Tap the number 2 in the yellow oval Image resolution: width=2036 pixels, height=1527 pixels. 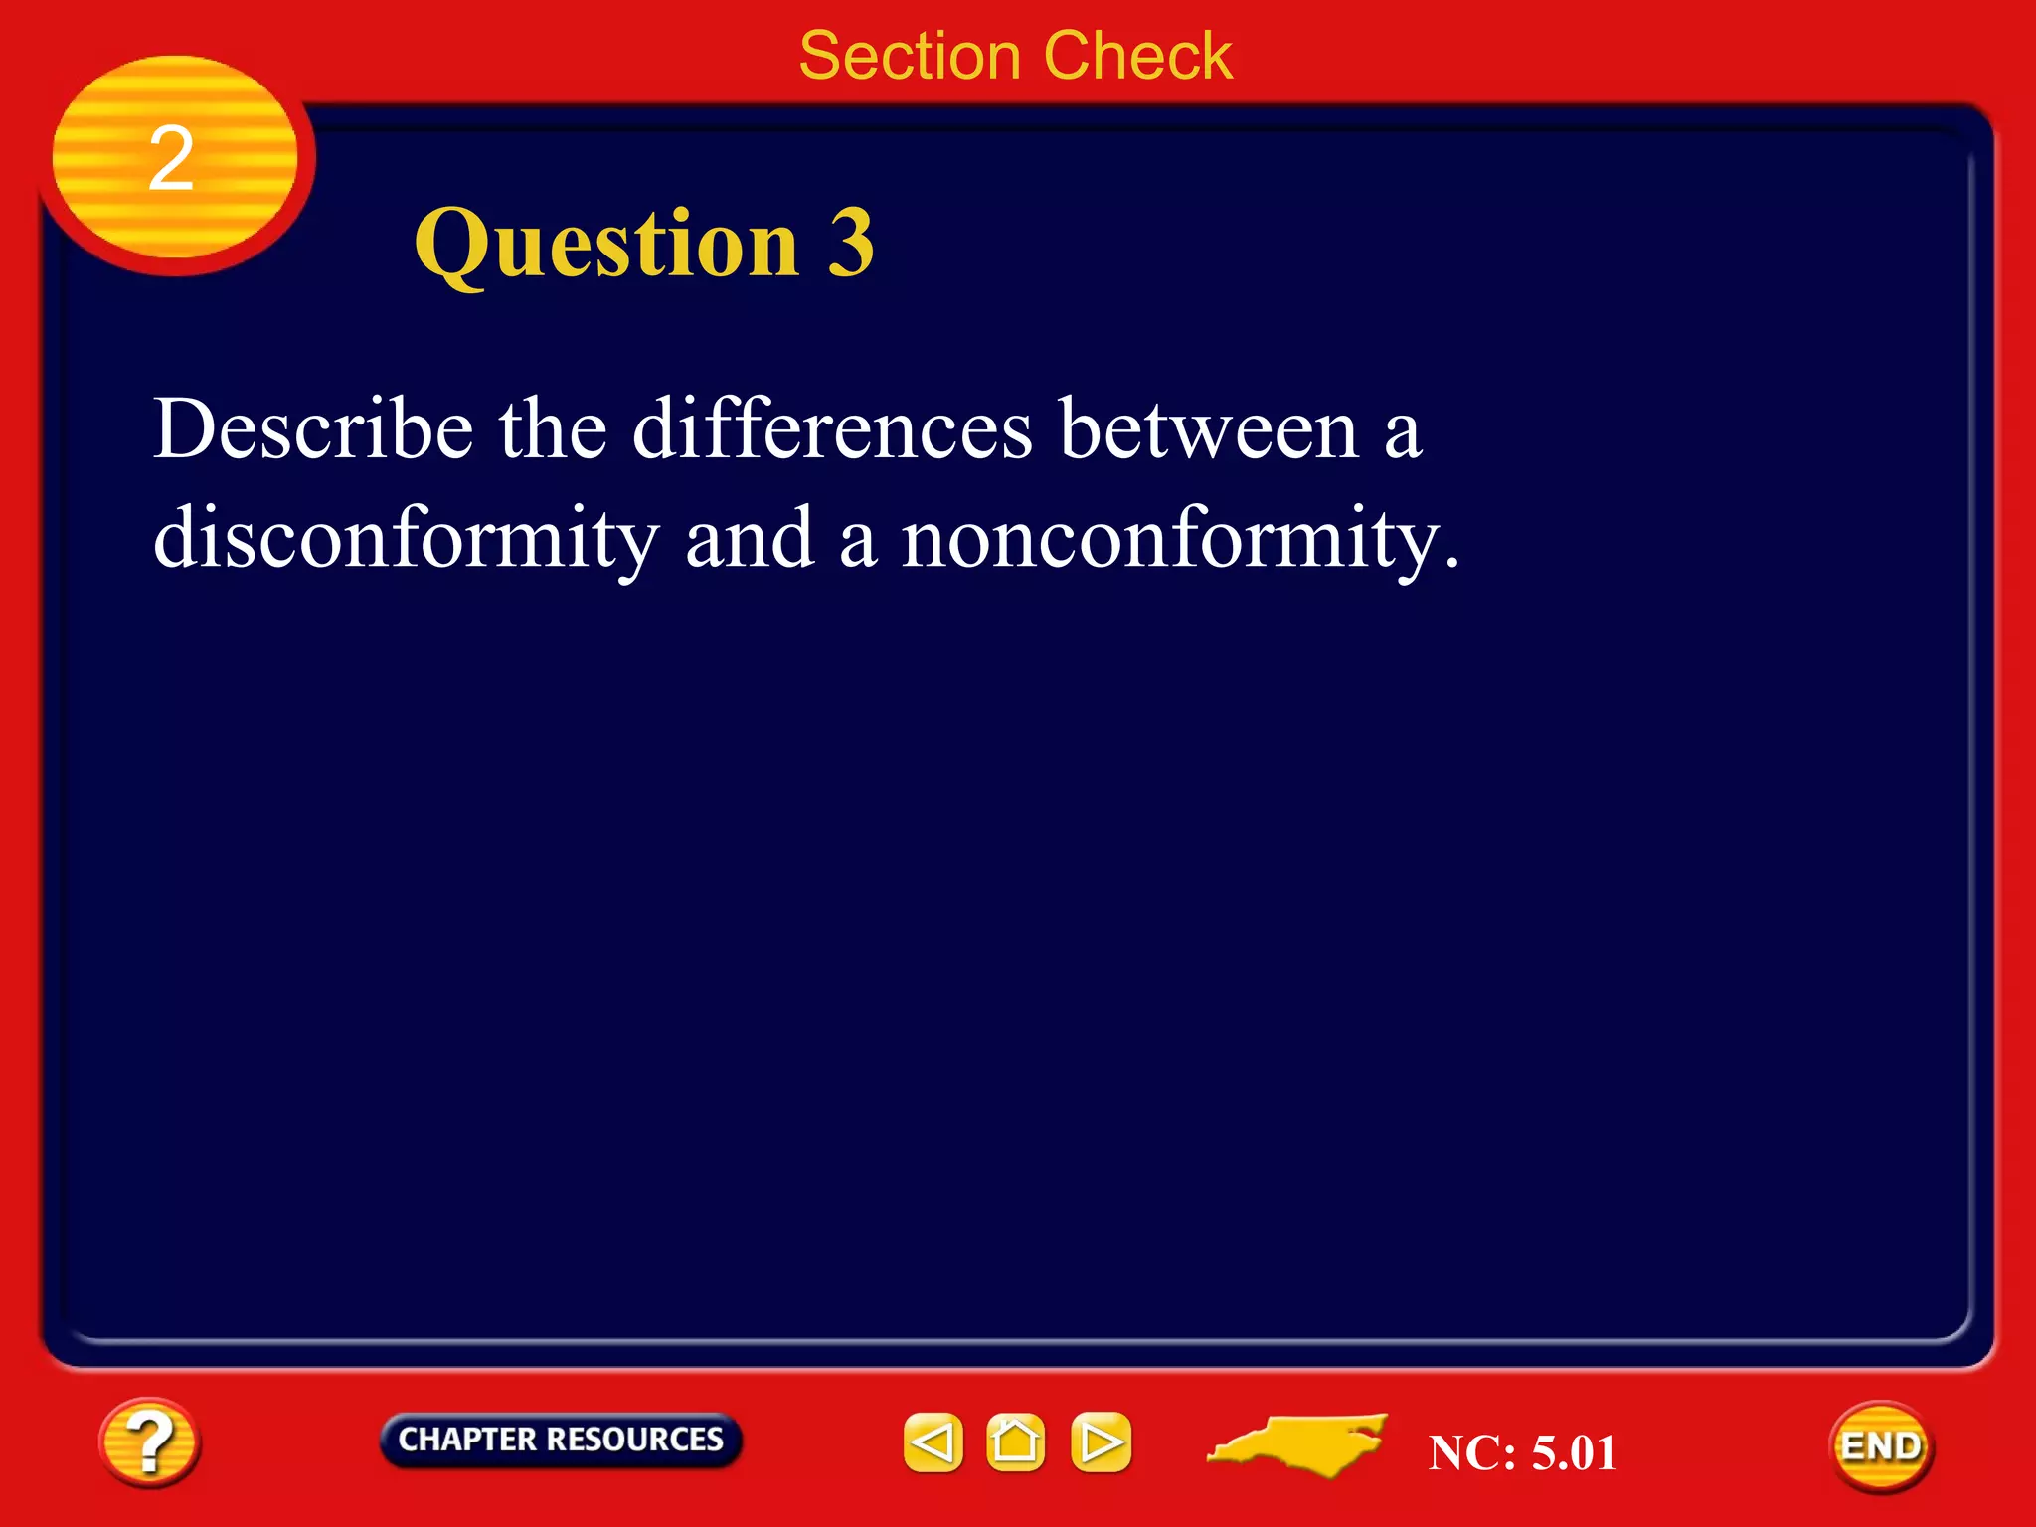pos(171,159)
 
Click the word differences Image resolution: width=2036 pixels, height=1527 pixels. pos(833,429)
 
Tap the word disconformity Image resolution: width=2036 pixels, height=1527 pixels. pos(406,540)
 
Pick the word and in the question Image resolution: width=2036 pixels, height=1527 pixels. pos(751,538)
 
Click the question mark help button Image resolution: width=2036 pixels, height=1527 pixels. pos(149,1442)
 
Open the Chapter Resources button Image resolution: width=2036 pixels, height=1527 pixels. pos(560,1440)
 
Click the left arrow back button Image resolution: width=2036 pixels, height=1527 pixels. pos(933,1442)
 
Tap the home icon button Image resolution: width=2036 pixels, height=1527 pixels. pos(1016,1442)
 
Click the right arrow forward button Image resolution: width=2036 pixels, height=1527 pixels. pos(1101,1442)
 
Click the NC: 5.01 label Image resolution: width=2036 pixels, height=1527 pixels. pos(1522,1452)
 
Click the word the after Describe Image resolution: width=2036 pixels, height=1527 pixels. pos(553,429)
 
